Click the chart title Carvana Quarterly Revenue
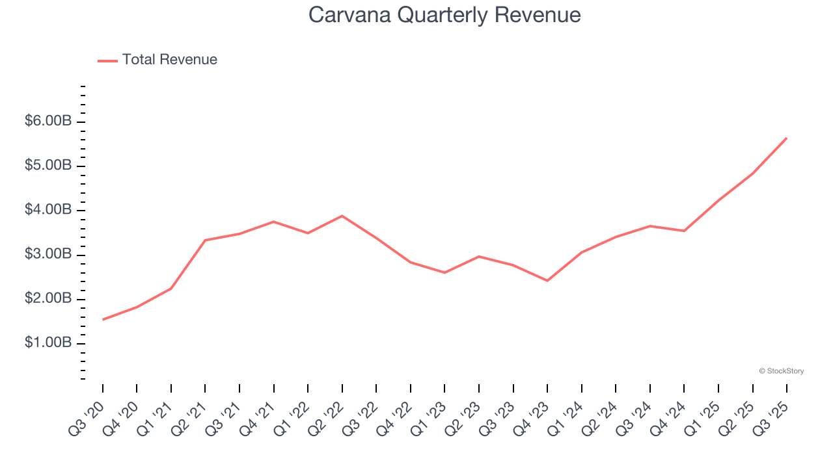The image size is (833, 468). point(444,14)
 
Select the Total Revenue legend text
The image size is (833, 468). point(169,60)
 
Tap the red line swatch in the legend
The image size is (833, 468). point(107,60)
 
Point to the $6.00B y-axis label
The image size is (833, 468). point(48,122)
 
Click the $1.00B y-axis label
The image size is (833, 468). point(48,343)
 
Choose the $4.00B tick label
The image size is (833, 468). point(48,210)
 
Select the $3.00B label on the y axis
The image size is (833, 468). point(48,254)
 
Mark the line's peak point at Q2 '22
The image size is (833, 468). point(342,216)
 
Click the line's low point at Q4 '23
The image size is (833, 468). point(547,281)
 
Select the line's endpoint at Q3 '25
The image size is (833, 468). point(786,138)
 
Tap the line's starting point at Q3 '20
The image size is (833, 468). point(103,320)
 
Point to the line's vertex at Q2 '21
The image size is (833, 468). point(205,240)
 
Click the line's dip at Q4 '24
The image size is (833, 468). point(684,231)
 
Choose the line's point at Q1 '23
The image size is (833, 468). point(444,272)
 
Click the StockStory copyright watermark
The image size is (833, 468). point(781,371)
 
